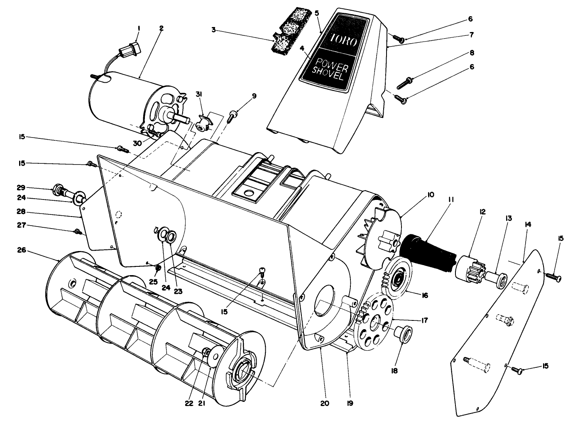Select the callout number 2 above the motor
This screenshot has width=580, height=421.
click(161, 28)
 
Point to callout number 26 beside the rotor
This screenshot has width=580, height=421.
click(22, 250)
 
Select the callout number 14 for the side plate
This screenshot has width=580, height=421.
click(528, 224)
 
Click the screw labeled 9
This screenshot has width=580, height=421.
click(233, 114)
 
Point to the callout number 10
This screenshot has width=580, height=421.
click(430, 194)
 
